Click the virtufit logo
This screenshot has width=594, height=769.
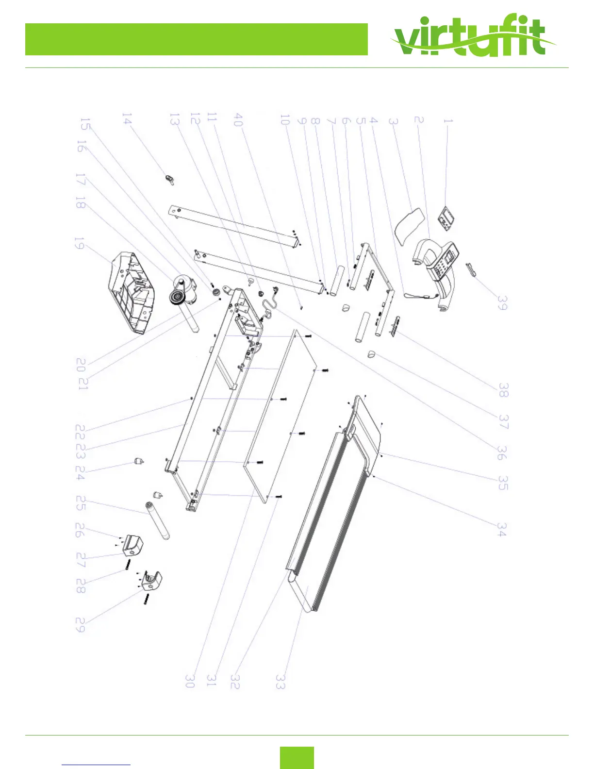473,38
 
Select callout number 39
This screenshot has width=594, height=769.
502,303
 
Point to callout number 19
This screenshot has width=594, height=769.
79,244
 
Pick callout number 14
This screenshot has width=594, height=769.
127,119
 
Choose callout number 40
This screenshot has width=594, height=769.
238,119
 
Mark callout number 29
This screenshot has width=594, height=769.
81,625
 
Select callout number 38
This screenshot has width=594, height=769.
503,390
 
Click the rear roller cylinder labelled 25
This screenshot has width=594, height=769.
157,522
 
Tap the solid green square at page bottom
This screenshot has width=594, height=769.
297,757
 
